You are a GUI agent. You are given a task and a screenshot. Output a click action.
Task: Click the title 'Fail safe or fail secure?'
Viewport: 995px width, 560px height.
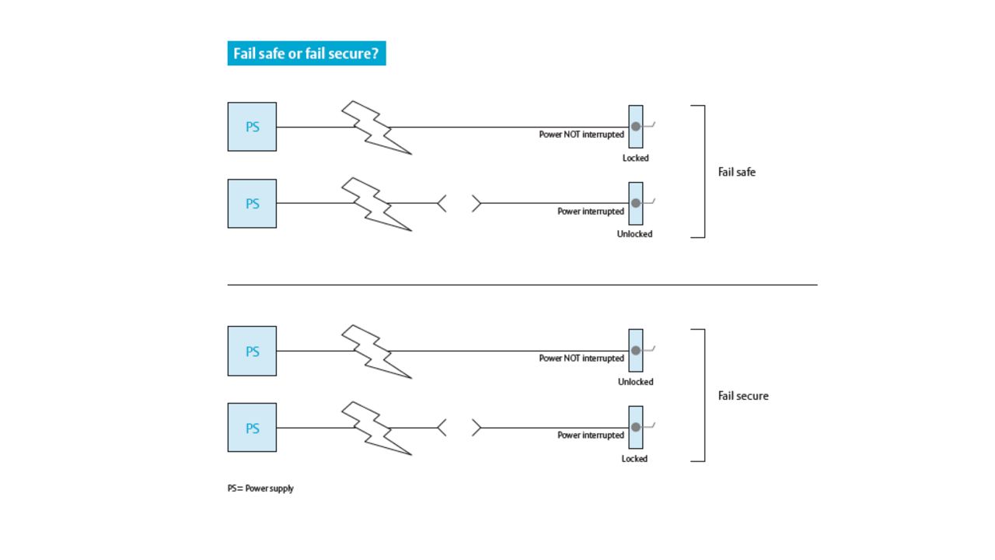pyautogui.click(x=305, y=54)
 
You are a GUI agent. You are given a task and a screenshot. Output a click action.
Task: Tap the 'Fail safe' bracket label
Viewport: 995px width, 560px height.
pyautogui.click(x=736, y=172)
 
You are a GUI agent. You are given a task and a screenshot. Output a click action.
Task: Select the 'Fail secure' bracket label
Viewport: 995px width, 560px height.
pyautogui.click(x=742, y=396)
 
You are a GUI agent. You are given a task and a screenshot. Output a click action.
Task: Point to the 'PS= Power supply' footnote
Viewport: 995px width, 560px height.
pyautogui.click(x=260, y=488)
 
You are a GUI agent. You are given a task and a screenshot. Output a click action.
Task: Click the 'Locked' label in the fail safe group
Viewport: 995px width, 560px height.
pyautogui.click(x=635, y=158)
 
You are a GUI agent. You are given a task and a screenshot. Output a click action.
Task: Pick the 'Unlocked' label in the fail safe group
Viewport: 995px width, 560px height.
pyautogui.click(x=634, y=234)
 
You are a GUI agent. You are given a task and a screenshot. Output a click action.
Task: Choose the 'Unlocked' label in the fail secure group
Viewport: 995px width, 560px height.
pyautogui.click(x=635, y=382)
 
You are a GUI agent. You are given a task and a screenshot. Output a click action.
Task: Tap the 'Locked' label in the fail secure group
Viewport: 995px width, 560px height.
pyautogui.click(x=634, y=459)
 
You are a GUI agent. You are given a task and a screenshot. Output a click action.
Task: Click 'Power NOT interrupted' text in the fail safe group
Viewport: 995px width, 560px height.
pyautogui.click(x=581, y=135)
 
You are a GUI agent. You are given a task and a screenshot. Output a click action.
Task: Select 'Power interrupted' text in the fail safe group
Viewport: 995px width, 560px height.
pyautogui.click(x=590, y=212)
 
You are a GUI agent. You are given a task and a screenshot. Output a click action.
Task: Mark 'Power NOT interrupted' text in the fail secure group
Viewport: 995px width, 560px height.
pyautogui.click(x=581, y=359)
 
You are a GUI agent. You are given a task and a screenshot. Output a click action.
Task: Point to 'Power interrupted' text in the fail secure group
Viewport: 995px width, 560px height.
pyautogui.click(x=590, y=436)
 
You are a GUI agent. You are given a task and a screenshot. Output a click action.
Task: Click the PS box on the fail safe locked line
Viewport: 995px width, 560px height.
pyautogui.click(x=252, y=127)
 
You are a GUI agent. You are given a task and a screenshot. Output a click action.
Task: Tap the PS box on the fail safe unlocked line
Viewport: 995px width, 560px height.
pyautogui.click(x=252, y=204)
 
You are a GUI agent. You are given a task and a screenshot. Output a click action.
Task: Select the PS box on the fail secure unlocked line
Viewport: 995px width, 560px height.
pyautogui.click(x=252, y=351)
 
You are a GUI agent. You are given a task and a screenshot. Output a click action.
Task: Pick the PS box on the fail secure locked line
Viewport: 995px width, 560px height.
pyautogui.click(x=252, y=428)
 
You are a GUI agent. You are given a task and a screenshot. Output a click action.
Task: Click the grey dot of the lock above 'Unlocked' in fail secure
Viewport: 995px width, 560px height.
pyautogui.click(x=635, y=351)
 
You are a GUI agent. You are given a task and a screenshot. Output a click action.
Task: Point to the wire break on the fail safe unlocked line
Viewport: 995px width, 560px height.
pyautogui.click(x=459, y=204)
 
